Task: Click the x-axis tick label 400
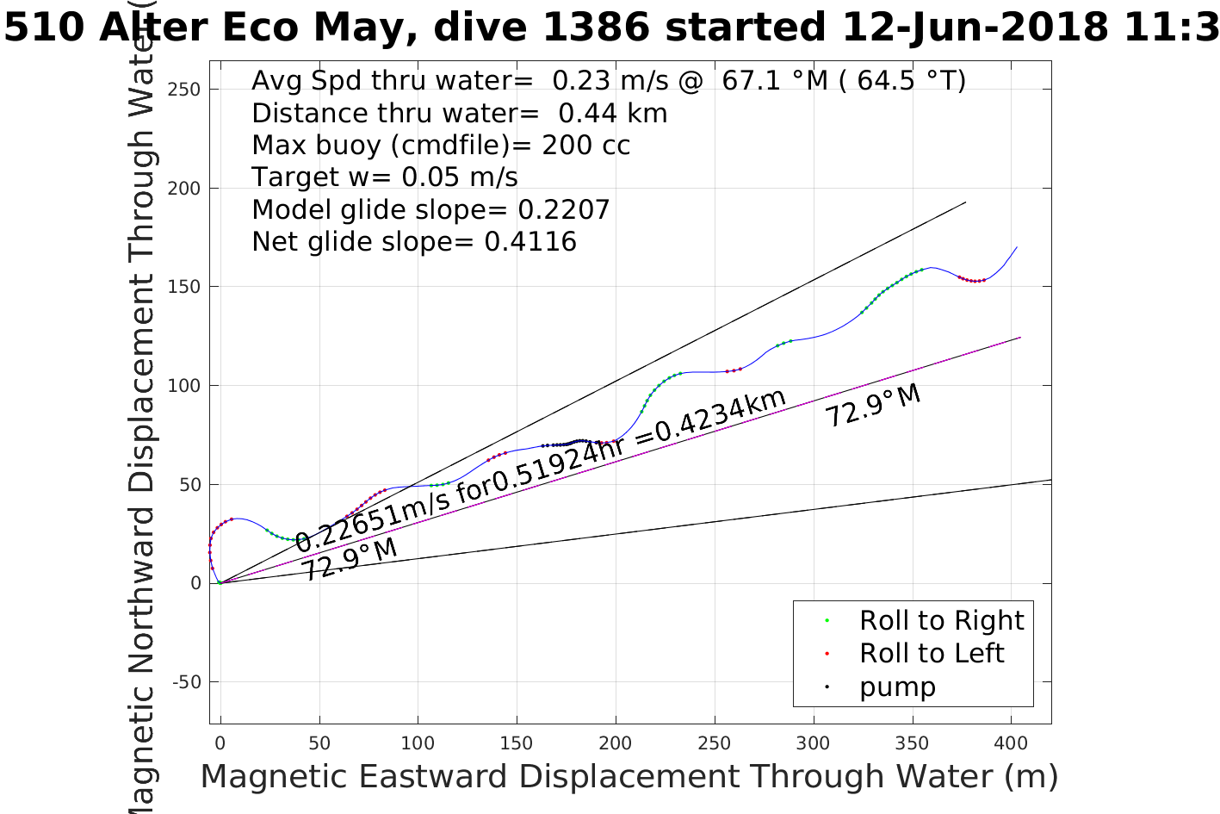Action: coord(1011,743)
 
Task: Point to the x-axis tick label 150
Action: coord(517,743)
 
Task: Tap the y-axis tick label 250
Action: coord(184,90)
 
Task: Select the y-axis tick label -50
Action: coord(187,682)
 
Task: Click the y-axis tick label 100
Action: coord(184,386)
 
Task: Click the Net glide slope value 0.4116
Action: coord(530,242)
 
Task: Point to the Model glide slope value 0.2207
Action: coord(564,210)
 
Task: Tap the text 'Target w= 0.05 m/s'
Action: coord(385,177)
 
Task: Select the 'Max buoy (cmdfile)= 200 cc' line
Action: coord(441,146)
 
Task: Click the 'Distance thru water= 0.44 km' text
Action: coord(459,114)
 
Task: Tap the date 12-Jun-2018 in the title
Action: coord(974,28)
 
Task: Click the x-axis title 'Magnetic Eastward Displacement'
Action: coord(469,777)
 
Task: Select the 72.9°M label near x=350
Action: coord(873,406)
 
